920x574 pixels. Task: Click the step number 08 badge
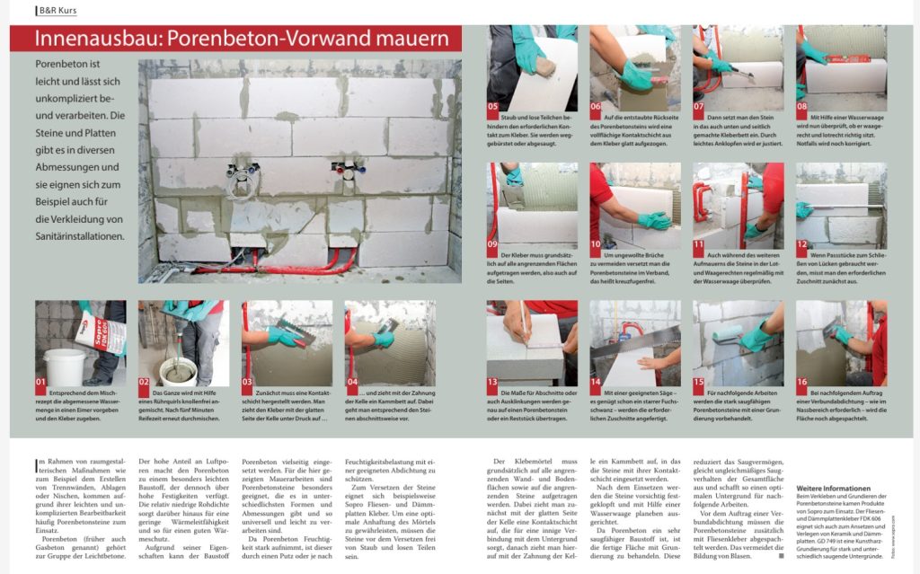[802, 105]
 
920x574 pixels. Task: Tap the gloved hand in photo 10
[653, 220]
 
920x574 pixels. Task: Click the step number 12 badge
[802, 243]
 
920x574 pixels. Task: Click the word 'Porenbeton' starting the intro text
[65, 66]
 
